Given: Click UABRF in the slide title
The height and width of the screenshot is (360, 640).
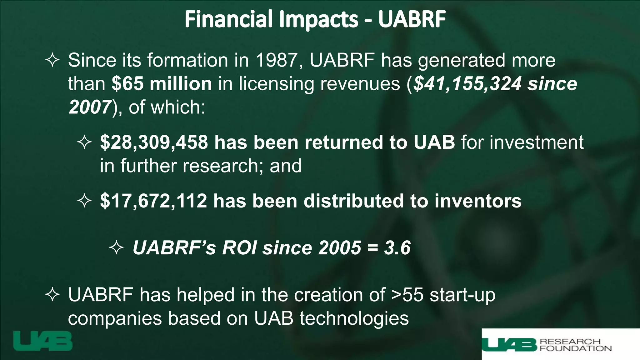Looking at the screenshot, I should tap(412, 19).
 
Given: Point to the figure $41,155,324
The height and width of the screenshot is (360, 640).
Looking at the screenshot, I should tap(467, 84).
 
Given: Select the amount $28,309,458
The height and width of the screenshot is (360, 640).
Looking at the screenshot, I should tap(154, 142).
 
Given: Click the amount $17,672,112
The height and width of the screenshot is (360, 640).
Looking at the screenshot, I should tap(153, 201).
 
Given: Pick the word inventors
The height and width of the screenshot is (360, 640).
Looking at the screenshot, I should tap(478, 201).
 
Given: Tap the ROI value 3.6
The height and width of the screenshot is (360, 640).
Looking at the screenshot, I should tap(397, 248).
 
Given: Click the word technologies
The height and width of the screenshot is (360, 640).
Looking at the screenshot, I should tap(354, 318).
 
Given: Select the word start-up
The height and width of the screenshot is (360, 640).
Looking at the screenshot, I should tap(462, 295).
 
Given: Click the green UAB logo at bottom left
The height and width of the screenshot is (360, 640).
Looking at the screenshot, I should tap(43, 341).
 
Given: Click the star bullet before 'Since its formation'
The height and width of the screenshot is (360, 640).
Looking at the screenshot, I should tap(52, 60).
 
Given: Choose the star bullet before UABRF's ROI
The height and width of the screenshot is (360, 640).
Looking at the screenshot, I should tap(117, 248).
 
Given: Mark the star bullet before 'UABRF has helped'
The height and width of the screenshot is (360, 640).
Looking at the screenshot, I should tap(52, 295).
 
